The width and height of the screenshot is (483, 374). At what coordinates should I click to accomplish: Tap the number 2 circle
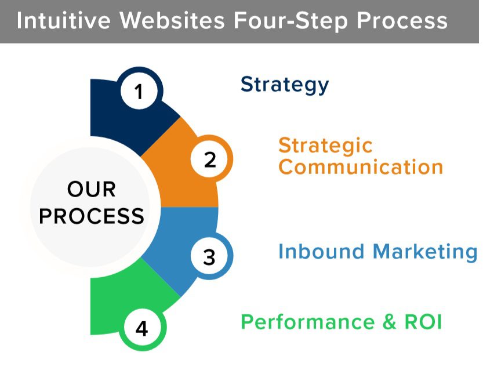(210, 159)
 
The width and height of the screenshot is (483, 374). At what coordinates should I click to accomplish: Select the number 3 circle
(209, 256)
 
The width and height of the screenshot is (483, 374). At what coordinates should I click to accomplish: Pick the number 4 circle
(142, 329)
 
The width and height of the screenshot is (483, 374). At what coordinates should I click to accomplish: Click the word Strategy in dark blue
(285, 85)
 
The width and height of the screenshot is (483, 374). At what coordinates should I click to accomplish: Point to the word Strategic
(325, 145)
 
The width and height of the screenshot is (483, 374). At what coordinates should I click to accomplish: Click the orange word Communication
(361, 167)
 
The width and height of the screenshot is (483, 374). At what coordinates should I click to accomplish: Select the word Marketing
(425, 252)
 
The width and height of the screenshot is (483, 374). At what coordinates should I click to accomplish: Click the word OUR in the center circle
(92, 190)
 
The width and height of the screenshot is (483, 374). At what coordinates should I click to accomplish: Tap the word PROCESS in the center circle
(92, 216)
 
